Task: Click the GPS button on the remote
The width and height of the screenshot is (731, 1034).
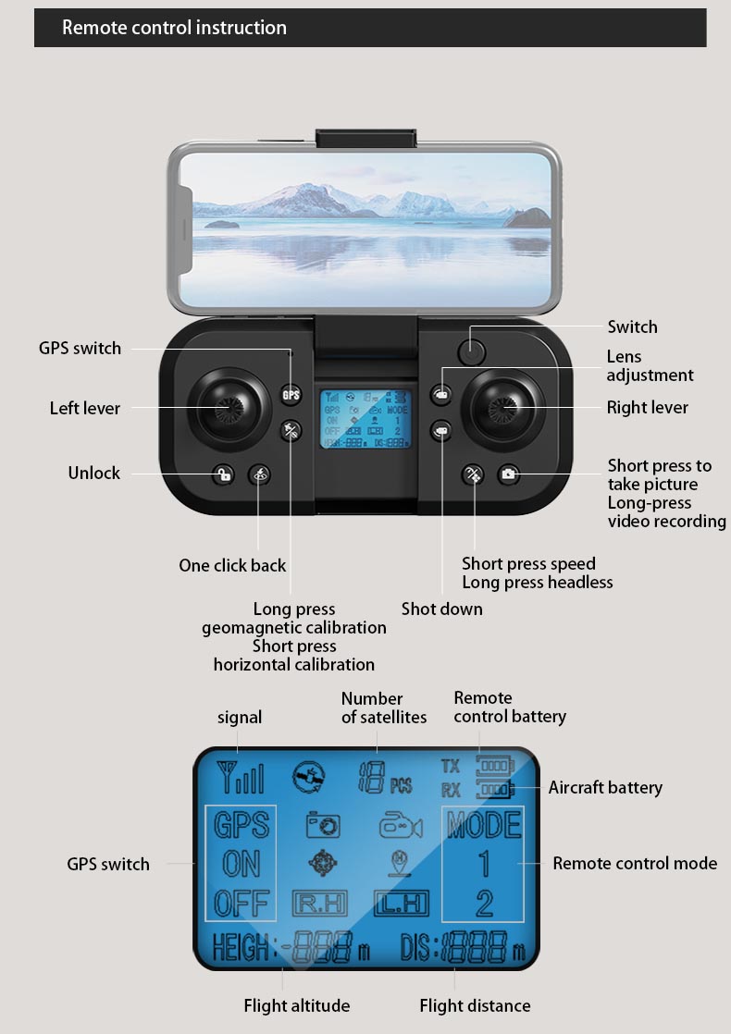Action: [x=291, y=396]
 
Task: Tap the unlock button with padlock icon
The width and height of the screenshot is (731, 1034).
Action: [x=223, y=475]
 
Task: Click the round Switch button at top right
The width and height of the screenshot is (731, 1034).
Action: [x=472, y=351]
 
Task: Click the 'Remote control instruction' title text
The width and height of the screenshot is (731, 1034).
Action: [x=174, y=28]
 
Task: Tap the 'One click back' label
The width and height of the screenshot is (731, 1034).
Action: [x=232, y=565]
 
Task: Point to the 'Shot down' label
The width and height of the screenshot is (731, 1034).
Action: [x=441, y=609]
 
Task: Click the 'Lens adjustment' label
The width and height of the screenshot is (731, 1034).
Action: [x=650, y=365]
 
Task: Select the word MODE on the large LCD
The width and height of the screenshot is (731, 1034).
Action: [x=483, y=823]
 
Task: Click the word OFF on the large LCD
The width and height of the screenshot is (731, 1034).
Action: [x=241, y=902]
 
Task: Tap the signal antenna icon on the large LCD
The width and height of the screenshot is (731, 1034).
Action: [x=239, y=778]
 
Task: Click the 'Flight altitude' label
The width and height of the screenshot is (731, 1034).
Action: [x=297, y=1005]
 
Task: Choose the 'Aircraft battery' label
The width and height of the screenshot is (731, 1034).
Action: [x=605, y=788]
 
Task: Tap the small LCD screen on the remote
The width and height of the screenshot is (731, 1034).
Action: [x=365, y=419]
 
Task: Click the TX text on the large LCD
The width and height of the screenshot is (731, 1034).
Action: [x=451, y=767]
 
